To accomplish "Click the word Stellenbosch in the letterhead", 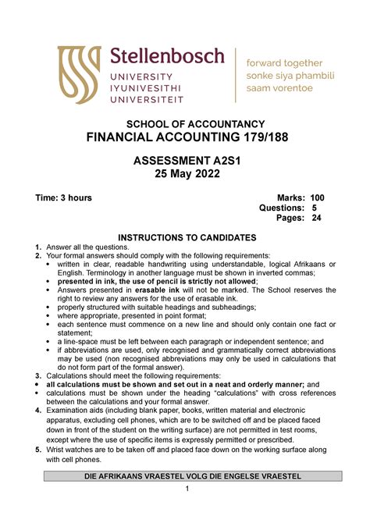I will (167, 56).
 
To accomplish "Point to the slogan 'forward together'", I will (284, 62).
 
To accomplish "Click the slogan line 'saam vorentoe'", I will (279, 88).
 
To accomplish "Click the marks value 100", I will (316, 197).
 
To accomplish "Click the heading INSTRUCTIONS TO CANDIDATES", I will (186, 237).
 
